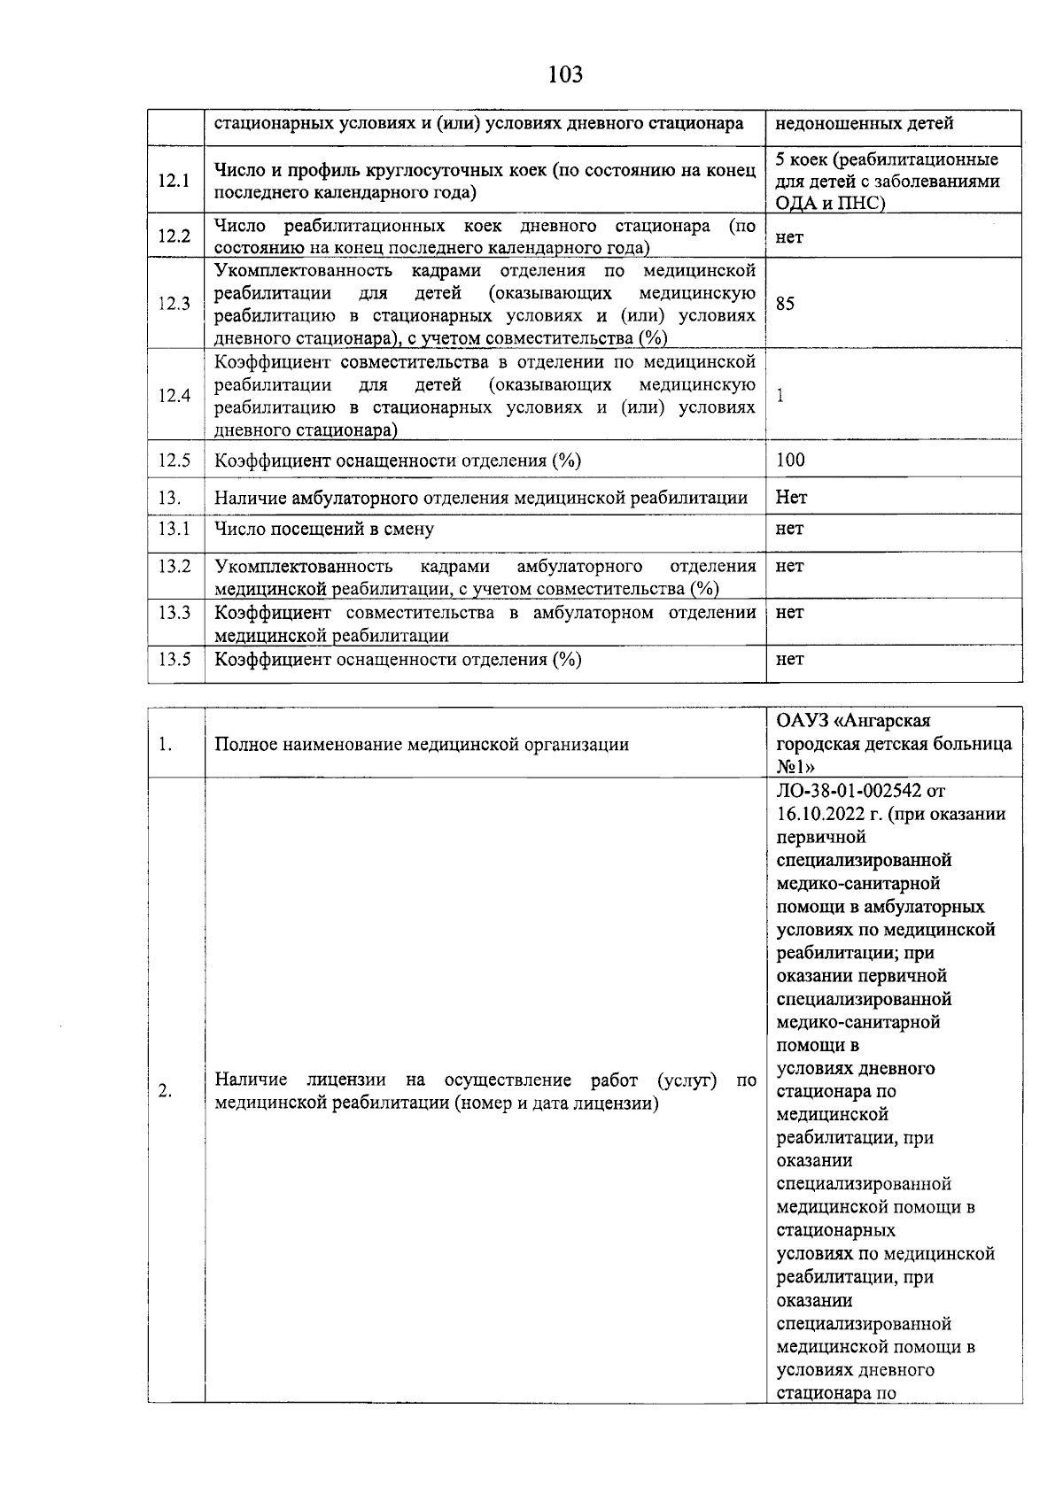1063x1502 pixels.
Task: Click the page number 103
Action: tap(565, 74)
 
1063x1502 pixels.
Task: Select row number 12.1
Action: tap(175, 181)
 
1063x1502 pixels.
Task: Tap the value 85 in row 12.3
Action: tap(785, 304)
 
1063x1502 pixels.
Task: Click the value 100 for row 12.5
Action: tap(790, 460)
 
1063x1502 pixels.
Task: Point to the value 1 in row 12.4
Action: tap(780, 396)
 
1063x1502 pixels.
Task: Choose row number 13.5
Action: tap(175, 659)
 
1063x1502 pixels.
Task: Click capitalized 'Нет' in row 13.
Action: tap(791, 497)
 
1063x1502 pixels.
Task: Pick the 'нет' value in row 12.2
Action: tap(789, 236)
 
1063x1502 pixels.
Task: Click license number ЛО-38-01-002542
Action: tap(848, 791)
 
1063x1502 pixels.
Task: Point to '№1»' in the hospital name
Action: tap(795, 767)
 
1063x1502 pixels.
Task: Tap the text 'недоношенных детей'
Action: tap(865, 123)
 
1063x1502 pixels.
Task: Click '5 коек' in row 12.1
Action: tap(802, 159)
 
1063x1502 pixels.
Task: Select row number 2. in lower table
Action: tap(166, 1091)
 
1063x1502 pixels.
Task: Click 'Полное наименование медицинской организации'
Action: tap(422, 744)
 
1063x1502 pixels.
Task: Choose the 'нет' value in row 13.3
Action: tap(789, 612)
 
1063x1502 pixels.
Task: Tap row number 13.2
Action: tap(175, 566)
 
